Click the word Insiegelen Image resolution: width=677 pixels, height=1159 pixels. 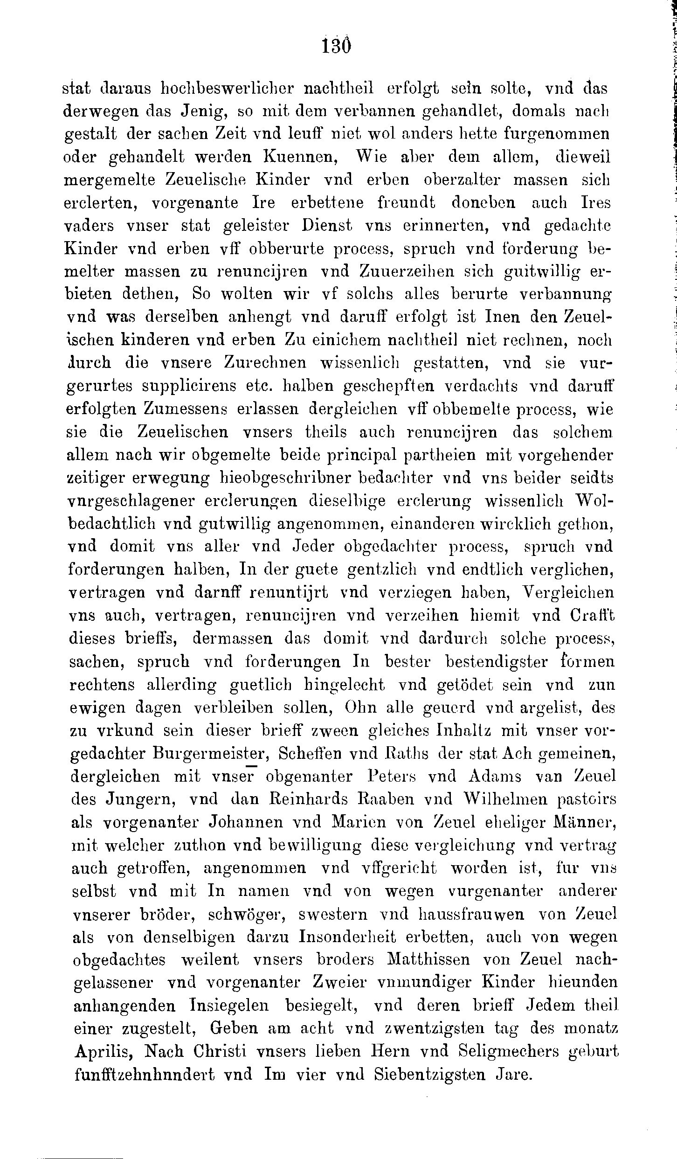(x=230, y=1005)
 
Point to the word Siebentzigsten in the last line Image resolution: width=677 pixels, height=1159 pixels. (x=430, y=1074)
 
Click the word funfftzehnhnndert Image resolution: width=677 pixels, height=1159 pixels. (x=144, y=1074)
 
